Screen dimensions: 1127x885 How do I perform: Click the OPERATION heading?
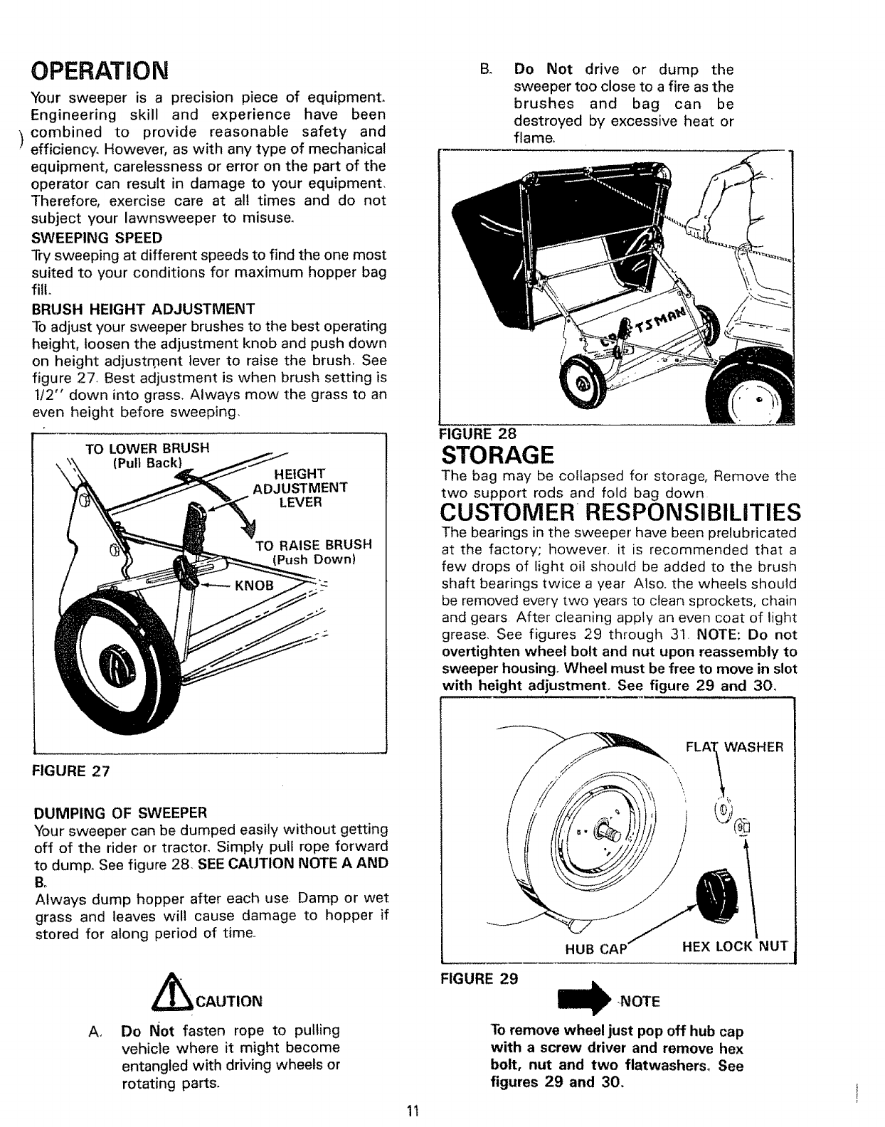(x=100, y=70)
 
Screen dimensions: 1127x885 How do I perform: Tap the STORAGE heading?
(x=497, y=454)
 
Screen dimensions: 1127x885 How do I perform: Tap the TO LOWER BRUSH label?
(x=147, y=449)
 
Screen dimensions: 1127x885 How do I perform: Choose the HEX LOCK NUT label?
(x=735, y=946)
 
